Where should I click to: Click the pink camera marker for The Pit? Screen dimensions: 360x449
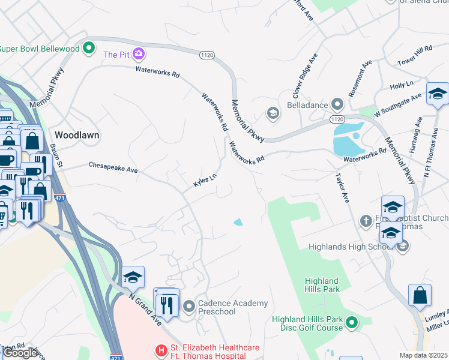click(x=139, y=55)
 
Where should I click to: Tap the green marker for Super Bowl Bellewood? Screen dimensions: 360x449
click(x=89, y=47)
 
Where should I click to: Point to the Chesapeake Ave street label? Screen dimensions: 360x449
click(x=113, y=167)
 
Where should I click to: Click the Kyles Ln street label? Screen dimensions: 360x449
click(x=204, y=180)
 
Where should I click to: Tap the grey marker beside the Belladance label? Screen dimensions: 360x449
click(x=337, y=105)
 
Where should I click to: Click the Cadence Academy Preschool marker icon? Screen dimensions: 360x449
click(x=189, y=307)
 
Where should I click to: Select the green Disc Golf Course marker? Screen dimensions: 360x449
click(x=352, y=323)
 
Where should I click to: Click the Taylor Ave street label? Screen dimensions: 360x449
click(x=342, y=188)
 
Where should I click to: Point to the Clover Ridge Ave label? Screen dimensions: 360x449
click(x=304, y=75)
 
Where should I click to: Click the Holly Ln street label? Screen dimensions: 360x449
click(x=402, y=86)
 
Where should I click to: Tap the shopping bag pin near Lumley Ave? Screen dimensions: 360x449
click(x=420, y=295)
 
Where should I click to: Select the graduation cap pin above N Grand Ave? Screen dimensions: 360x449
click(x=133, y=277)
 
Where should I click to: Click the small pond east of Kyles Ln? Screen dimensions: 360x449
click(x=238, y=223)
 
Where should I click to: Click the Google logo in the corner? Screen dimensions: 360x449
click(x=20, y=353)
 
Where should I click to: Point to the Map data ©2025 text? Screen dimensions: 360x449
click(x=423, y=355)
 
